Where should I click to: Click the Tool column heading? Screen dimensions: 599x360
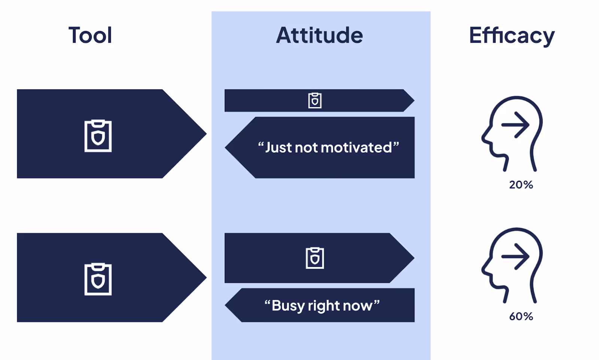90,36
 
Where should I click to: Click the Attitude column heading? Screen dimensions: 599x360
319,36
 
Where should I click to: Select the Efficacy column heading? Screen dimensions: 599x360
512,36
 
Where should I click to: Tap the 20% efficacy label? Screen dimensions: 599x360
521,185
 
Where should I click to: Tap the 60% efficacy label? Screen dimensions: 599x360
521,317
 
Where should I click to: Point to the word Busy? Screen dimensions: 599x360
288,306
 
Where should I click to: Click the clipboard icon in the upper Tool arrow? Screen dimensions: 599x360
98,136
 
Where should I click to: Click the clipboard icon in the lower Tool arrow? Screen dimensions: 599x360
98,279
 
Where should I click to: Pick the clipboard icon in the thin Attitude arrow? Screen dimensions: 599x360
315,100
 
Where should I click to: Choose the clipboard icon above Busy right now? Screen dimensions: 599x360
315,258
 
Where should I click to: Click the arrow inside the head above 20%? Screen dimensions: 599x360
516,125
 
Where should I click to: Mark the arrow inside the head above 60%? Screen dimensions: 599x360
516,256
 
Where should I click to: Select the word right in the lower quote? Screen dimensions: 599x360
323,306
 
